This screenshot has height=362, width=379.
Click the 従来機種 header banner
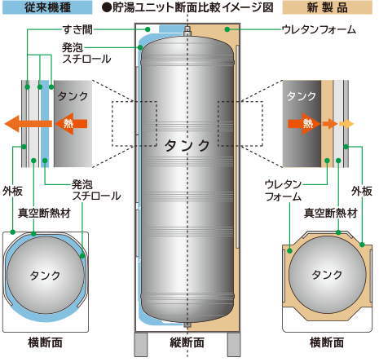(x=47, y=7)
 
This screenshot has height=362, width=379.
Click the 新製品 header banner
(x=328, y=7)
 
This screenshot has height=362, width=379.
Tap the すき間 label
(x=77, y=29)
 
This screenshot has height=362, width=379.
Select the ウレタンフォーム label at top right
(x=319, y=29)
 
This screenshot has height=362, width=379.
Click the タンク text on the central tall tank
(x=187, y=146)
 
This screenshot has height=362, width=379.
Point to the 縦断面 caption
(x=187, y=342)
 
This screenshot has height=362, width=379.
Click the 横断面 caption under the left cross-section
(x=46, y=342)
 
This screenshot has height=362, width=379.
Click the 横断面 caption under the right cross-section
(x=327, y=342)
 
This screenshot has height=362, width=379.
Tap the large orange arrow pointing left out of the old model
(x=29, y=124)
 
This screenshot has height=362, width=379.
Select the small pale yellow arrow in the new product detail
(x=346, y=124)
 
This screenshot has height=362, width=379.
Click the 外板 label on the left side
(x=13, y=192)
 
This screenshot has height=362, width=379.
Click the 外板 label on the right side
(x=362, y=191)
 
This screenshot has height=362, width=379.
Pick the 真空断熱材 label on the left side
(x=44, y=213)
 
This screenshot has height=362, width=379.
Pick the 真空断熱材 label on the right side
(x=330, y=213)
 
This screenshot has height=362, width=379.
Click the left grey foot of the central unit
(x=142, y=344)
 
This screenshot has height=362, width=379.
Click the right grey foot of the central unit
(x=234, y=344)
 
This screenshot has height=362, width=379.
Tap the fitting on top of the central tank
(x=187, y=31)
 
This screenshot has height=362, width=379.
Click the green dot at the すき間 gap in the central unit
(x=148, y=29)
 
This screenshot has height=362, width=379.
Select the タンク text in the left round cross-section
(x=45, y=276)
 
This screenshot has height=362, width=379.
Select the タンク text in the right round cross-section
(x=327, y=275)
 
